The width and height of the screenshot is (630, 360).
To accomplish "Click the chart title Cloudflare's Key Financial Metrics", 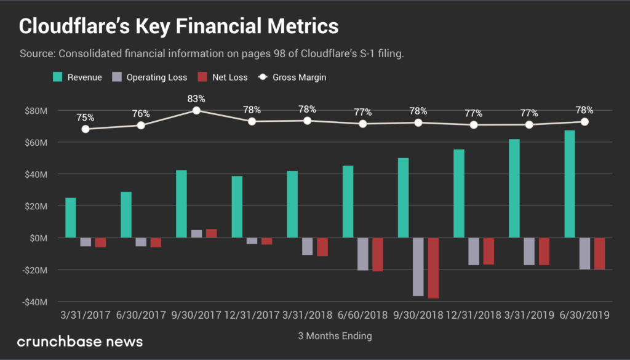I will click(x=178, y=26).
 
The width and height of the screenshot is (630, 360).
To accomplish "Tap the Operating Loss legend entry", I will click(x=149, y=78).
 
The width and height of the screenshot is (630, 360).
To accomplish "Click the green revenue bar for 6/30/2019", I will click(x=570, y=184).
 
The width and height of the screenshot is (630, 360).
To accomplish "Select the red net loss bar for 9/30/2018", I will click(x=434, y=268).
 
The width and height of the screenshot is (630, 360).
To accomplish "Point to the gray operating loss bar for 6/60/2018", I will click(x=363, y=254).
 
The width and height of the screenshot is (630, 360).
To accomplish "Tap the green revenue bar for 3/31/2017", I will click(x=71, y=218).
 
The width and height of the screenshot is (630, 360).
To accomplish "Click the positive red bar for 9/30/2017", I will click(x=212, y=233).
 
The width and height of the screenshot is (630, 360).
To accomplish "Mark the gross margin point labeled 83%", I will click(x=196, y=110).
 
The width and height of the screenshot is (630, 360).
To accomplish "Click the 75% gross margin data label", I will click(x=86, y=118).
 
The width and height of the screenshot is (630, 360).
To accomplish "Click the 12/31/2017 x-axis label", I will click(x=252, y=315).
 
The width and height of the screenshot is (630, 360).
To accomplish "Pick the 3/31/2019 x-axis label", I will click(x=529, y=315).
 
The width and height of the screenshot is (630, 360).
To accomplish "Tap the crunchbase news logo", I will click(x=80, y=341).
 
